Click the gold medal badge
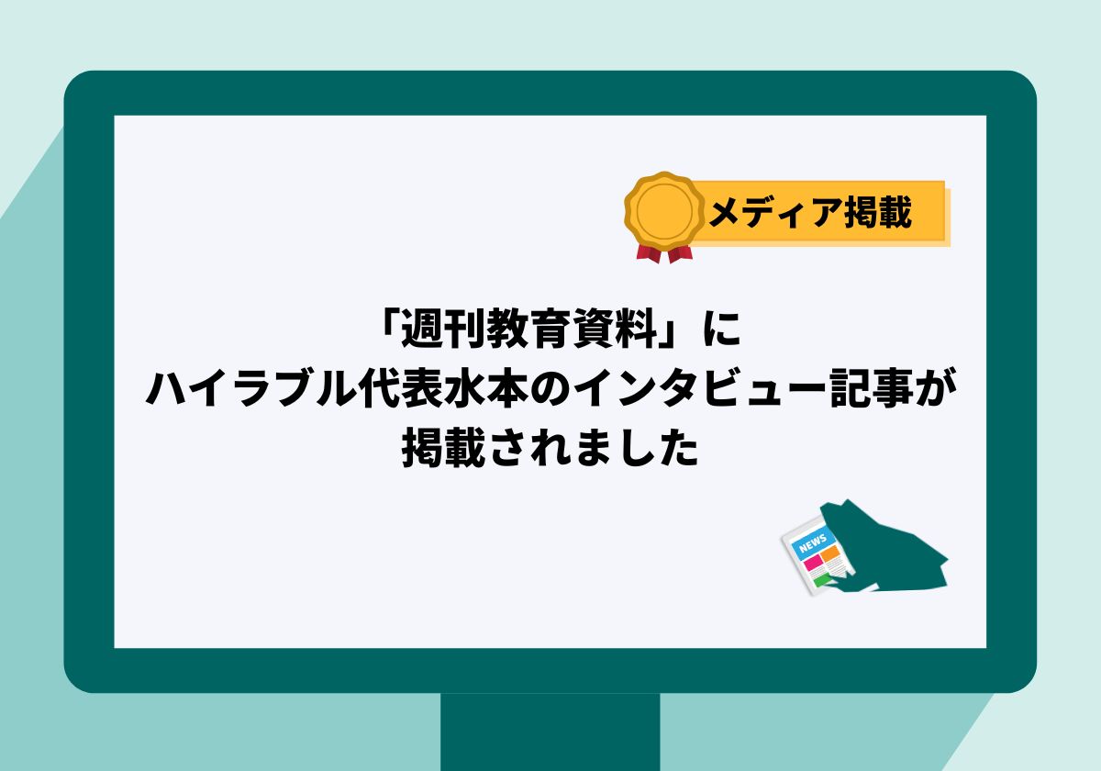(664, 210)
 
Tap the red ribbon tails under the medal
(664, 253)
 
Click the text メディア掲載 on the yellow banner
(810, 212)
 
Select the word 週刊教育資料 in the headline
(529, 329)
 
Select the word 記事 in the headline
(872, 389)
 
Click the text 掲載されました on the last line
(550, 448)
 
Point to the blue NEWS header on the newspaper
(812, 542)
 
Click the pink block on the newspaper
(813, 562)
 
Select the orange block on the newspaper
(829, 553)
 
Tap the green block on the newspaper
(822, 581)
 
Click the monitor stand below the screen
(550, 732)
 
